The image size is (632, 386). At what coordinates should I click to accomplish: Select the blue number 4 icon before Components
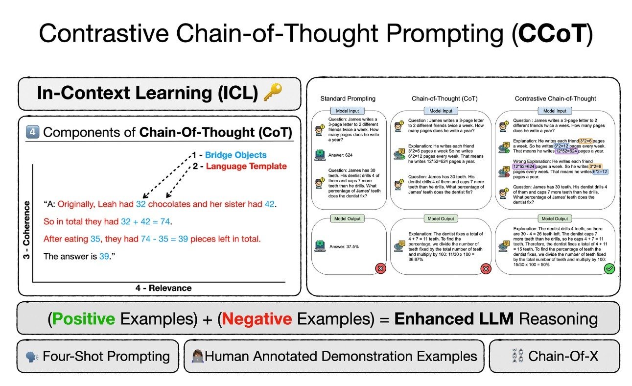click(32, 132)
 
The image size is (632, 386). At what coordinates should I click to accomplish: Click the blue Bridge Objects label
click(235, 155)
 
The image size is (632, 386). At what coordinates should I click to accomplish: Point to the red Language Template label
click(246, 167)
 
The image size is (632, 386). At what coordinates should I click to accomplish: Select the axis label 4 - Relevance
click(164, 288)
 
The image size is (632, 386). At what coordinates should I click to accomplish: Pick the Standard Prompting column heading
click(348, 98)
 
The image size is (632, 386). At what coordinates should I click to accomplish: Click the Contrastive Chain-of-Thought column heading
click(555, 98)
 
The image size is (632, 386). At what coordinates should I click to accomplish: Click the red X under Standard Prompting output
click(379, 268)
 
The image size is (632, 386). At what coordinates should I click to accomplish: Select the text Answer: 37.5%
click(344, 246)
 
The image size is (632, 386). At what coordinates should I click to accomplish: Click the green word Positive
click(84, 319)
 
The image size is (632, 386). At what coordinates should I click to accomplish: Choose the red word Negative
click(257, 319)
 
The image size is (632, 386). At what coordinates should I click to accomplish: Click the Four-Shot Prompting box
click(97, 356)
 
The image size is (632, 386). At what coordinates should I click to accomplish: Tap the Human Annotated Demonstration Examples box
click(333, 356)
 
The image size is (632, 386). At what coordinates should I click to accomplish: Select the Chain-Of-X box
click(554, 356)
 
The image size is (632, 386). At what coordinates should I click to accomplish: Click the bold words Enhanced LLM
click(454, 319)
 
